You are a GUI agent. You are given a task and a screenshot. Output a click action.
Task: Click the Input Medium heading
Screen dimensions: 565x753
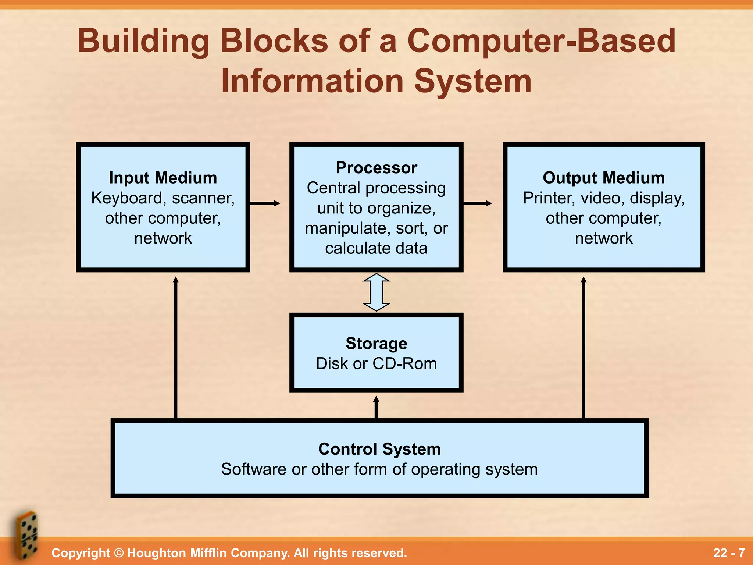click(163, 178)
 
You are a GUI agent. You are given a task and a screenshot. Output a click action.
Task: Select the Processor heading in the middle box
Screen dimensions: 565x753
click(376, 168)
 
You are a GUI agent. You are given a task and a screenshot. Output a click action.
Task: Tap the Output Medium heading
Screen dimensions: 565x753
click(604, 178)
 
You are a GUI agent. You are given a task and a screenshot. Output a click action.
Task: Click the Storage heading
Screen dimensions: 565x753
click(376, 343)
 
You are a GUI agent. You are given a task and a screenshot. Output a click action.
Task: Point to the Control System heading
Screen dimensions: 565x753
click(379, 449)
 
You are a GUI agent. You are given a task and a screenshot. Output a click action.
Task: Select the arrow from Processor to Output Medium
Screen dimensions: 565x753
click(477, 203)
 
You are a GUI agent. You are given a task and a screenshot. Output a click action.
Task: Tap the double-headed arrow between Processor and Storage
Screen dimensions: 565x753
click(376, 292)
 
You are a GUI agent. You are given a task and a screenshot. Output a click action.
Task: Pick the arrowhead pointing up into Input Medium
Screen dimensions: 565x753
click(176, 280)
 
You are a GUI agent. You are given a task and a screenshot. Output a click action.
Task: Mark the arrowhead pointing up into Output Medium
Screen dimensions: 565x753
click(584, 280)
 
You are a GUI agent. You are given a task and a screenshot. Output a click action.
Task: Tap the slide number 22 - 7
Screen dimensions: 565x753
click(729, 553)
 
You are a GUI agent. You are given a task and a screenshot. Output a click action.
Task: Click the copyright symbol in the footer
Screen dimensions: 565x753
click(118, 553)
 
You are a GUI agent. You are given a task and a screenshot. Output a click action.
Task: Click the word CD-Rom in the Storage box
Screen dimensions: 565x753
click(404, 363)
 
